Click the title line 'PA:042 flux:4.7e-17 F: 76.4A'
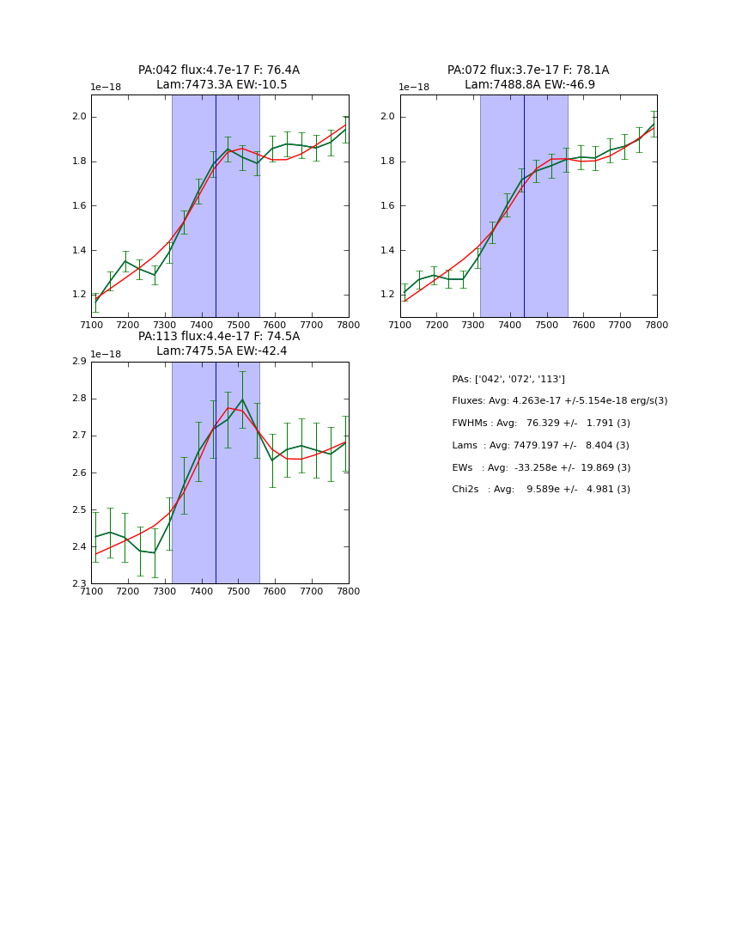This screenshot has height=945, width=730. [219, 70]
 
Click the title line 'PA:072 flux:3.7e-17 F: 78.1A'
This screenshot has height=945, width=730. [528, 70]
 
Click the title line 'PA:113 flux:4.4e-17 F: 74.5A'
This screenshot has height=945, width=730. [219, 337]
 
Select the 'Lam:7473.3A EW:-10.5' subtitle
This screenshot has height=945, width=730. [222, 85]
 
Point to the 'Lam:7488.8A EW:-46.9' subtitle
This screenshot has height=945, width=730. [530, 85]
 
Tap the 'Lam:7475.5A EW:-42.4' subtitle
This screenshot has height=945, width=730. [222, 351]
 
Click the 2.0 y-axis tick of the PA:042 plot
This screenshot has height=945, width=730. [79, 117]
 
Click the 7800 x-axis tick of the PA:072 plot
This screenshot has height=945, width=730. [657, 325]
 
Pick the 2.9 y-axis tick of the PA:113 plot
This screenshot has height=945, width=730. [79, 362]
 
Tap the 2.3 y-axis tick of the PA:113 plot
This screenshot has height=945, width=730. [79, 584]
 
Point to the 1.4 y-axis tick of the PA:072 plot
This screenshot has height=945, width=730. [388, 250]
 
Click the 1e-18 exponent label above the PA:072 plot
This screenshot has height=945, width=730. [414, 88]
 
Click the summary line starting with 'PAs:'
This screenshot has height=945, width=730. [508, 380]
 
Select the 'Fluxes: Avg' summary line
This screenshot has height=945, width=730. [559, 401]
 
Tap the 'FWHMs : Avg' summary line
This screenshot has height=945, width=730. [541, 424]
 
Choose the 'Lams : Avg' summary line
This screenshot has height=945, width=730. [540, 446]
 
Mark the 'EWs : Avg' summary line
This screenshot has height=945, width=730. [541, 468]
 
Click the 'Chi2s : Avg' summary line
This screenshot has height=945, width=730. [541, 490]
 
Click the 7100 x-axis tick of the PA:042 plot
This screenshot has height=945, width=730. [91, 325]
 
